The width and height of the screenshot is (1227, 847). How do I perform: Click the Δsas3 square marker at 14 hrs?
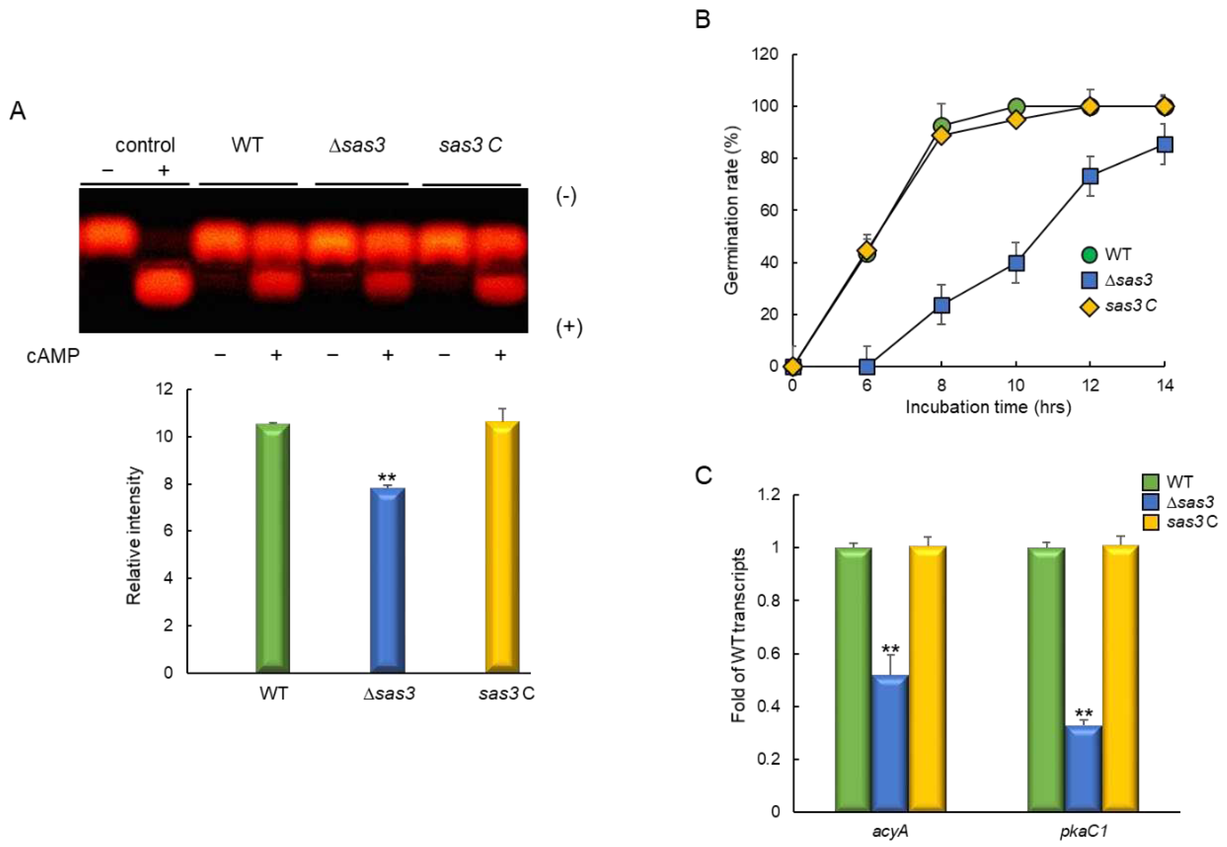(1164, 144)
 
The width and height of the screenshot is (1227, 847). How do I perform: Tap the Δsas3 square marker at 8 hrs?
(941, 305)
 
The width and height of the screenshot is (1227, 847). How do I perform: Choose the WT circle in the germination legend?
(1089, 254)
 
